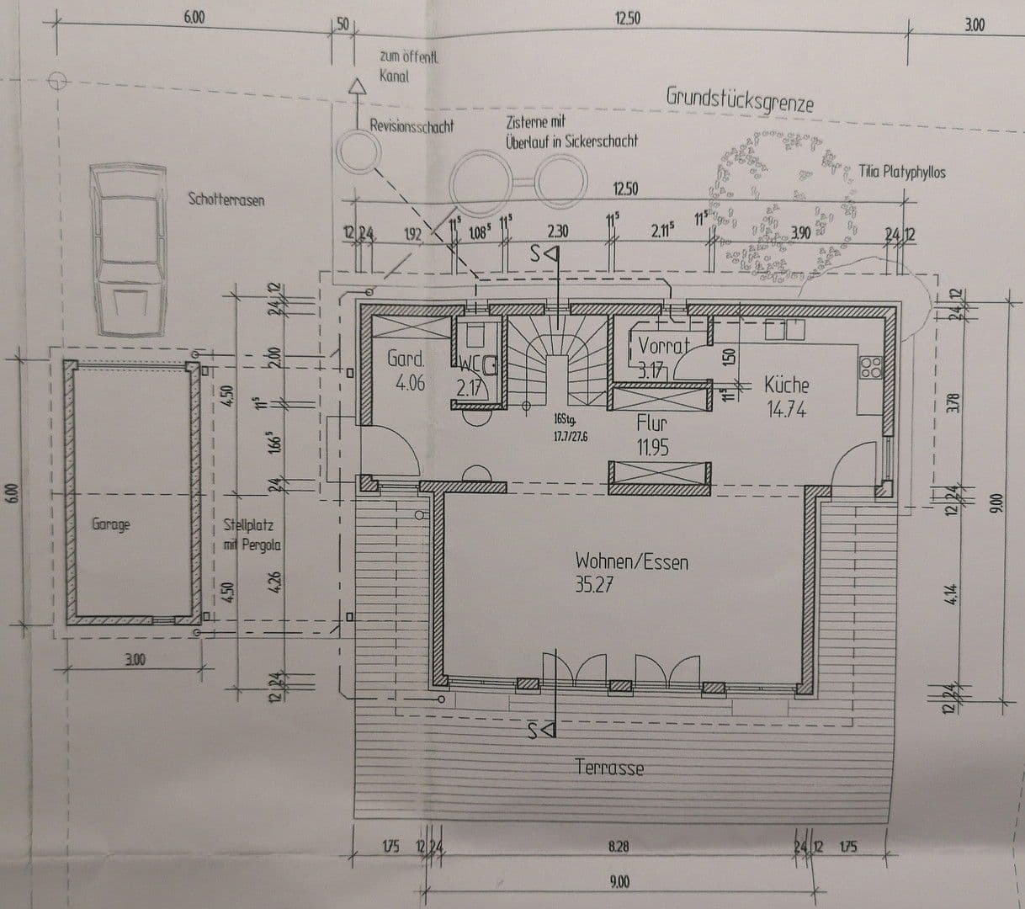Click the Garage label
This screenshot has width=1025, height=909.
pyautogui.click(x=111, y=524)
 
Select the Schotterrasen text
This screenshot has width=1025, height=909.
pyautogui.click(x=226, y=199)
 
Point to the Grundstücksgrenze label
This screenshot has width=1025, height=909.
pyautogui.click(x=740, y=98)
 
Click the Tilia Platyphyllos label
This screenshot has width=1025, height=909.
pyautogui.click(x=902, y=173)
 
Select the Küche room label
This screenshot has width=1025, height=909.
pyautogui.click(x=786, y=385)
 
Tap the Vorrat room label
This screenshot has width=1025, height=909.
pyautogui.click(x=663, y=345)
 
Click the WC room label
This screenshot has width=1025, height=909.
pyautogui.click(x=473, y=364)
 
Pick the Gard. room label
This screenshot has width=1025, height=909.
pyautogui.click(x=406, y=359)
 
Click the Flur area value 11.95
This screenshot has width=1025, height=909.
pyautogui.click(x=652, y=448)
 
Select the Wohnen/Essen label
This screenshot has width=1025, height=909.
pyautogui.click(x=631, y=561)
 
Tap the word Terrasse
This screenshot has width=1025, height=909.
pyautogui.click(x=609, y=768)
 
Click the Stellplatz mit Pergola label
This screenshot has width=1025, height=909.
pyautogui.click(x=252, y=535)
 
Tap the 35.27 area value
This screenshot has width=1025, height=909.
pyautogui.click(x=594, y=584)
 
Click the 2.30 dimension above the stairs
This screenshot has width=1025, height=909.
pyautogui.click(x=557, y=231)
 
